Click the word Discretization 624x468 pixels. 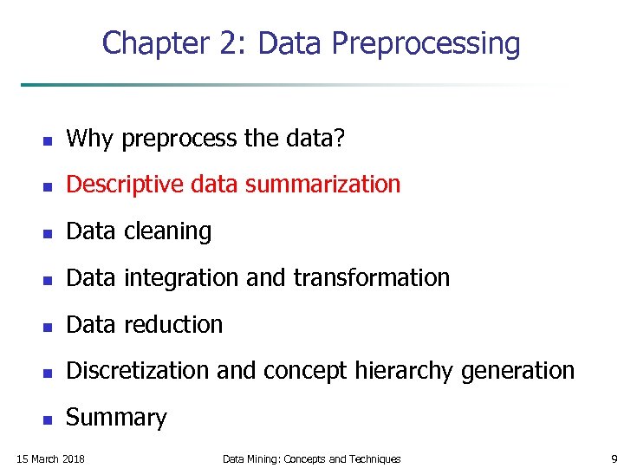tap(139, 371)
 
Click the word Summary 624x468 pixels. tap(116, 418)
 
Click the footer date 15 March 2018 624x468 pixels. tap(51, 458)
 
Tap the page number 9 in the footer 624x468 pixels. tap(614, 458)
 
